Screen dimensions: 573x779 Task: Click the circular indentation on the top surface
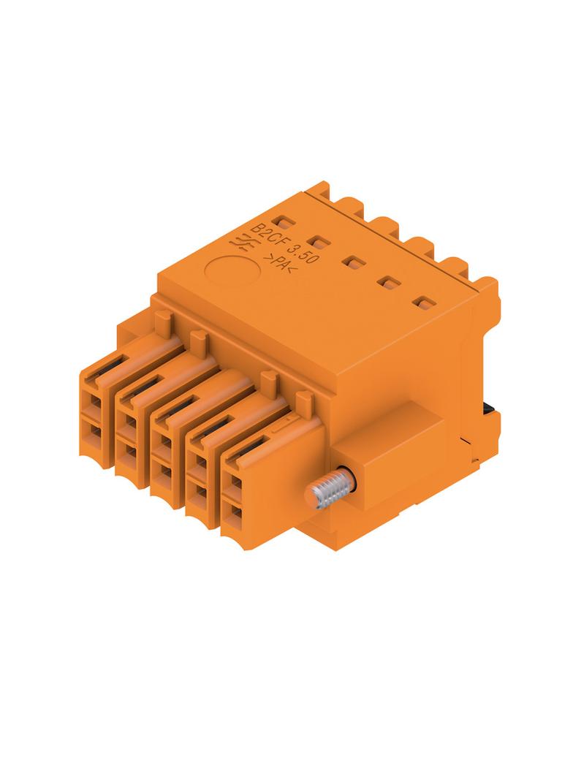pyautogui.click(x=232, y=271)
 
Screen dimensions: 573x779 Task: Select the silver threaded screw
pyautogui.click(x=329, y=491)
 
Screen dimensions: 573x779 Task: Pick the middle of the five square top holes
pyautogui.click(x=353, y=262)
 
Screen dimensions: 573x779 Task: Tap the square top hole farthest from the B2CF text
pyautogui.click(x=423, y=302)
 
